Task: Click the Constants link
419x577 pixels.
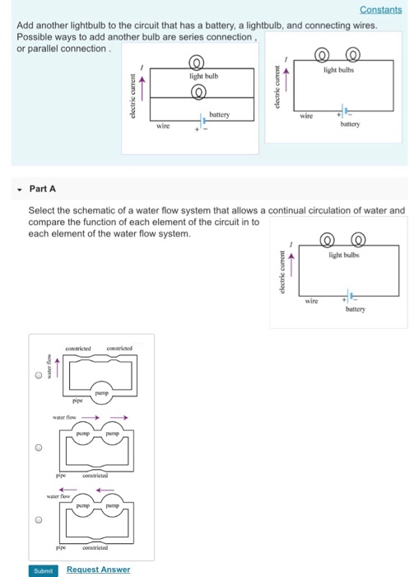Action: (381, 10)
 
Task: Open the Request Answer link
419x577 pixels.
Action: (98, 569)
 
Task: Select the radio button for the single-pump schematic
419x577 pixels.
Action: (38, 377)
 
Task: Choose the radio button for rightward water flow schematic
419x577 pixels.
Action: (38, 449)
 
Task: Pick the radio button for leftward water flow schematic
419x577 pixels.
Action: (38, 520)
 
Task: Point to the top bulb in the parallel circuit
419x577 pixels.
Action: (196, 63)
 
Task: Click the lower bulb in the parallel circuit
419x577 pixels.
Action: (196, 93)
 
